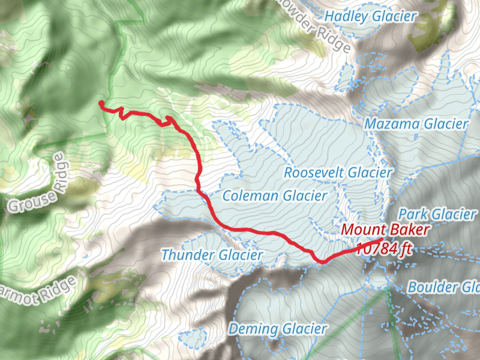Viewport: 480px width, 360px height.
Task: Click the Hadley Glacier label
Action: click(370, 17)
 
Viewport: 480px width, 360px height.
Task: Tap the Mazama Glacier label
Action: click(416, 124)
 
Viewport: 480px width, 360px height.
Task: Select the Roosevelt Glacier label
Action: click(337, 173)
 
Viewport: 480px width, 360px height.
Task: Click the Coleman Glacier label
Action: click(274, 196)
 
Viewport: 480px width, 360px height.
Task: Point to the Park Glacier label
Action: click(437, 214)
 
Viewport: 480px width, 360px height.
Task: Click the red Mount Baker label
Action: click(385, 230)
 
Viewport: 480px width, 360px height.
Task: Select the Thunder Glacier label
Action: click(212, 255)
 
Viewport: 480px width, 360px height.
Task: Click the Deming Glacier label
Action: click(278, 329)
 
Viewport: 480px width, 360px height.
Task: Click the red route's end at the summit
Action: click(381, 241)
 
